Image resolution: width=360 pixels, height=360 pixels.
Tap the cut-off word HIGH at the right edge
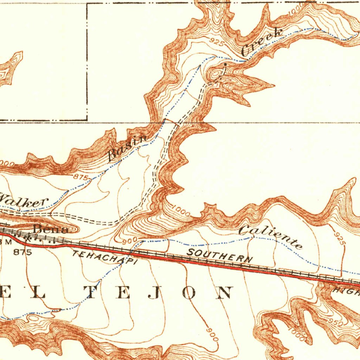point(347,291)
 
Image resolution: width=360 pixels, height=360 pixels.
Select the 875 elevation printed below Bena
point(22,252)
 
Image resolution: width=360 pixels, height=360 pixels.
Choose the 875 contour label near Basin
point(81,177)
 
